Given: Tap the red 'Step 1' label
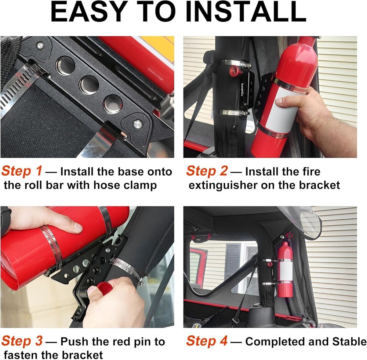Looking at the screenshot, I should (x=22, y=171).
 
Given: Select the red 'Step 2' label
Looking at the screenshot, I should (x=207, y=171).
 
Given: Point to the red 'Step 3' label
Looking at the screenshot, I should (x=22, y=341).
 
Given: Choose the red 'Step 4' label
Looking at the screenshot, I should (x=207, y=341).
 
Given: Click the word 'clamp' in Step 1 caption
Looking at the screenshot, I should (x=138, y=185).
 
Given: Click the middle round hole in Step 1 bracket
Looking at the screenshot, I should (x=89, y=85).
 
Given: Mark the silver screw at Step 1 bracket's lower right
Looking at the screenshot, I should (x=138, y=124).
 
